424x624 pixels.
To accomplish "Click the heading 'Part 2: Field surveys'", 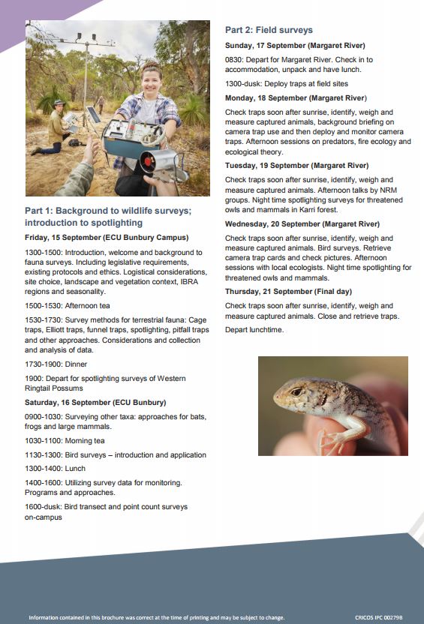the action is pyautogui.click(x=269, y=30).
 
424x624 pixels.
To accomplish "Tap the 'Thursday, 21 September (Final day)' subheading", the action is pyautogui.click(x=288, y=291).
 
